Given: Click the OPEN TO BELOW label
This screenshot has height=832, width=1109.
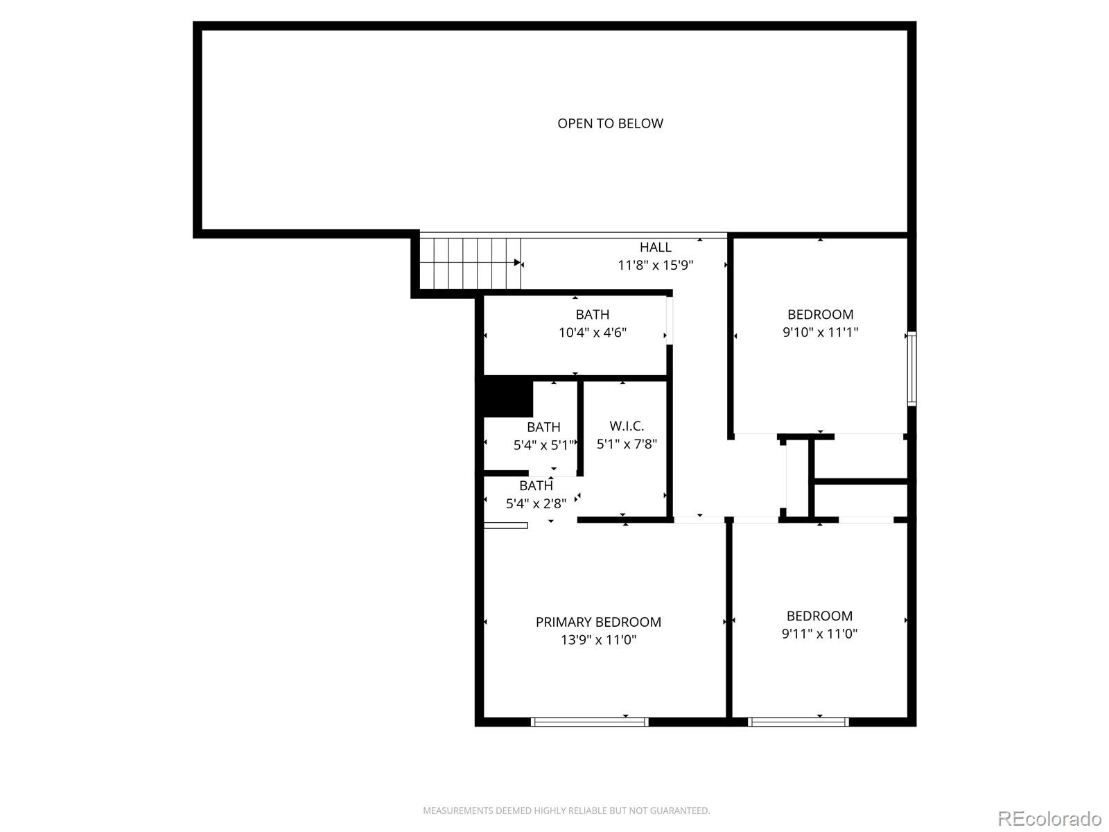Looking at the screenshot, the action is (610, 123).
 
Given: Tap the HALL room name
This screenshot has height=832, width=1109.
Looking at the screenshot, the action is (655, 247).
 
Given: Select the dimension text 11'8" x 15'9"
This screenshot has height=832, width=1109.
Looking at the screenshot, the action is (655, 266).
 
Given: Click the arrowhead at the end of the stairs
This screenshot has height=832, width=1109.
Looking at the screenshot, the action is (517, 262).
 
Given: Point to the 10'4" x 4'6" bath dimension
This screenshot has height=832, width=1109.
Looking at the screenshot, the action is (592, 332).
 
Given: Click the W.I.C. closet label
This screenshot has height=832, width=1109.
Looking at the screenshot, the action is (627, 426).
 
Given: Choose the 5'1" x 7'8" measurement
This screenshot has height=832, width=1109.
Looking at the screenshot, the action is (627, 444).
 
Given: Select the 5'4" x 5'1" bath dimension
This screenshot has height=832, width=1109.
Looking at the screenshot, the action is (543, 445).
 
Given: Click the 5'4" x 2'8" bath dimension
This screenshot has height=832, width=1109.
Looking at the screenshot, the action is (536, 503).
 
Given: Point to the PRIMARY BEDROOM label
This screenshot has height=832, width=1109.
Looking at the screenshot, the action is (598, 622).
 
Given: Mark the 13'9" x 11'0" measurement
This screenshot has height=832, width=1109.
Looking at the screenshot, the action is (598, 640).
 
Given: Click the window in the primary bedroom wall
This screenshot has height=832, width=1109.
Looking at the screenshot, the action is (589, 722).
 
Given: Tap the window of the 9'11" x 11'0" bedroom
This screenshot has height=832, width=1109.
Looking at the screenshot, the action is (798, 722).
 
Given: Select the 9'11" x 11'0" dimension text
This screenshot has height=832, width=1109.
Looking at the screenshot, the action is (819, 634).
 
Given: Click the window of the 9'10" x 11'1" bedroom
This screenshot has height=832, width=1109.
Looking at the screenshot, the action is (912, 369).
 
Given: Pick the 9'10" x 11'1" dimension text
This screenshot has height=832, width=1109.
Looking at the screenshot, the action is (821, 332).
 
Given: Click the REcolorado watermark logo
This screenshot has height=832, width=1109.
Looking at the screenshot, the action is (1049, 818).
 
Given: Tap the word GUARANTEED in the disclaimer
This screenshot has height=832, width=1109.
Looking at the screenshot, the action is (679, 811).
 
